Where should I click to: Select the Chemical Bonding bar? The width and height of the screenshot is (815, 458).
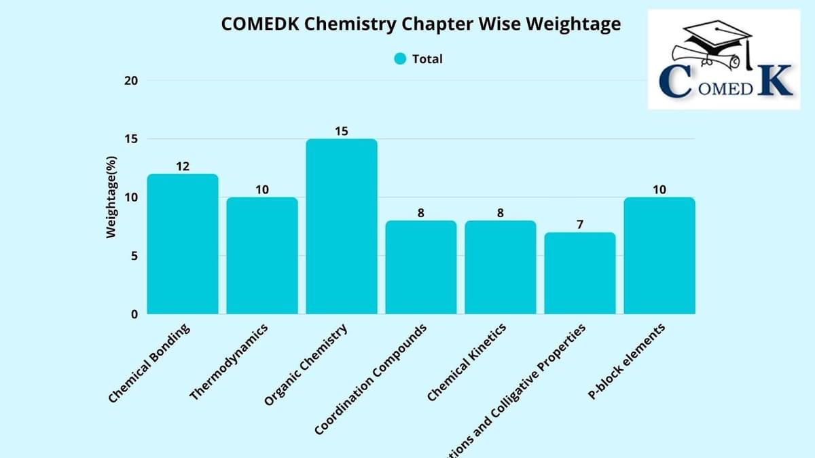click(183, 244)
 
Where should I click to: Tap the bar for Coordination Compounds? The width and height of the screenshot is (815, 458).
click(421, 267)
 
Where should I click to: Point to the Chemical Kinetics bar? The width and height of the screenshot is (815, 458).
click(501, 267)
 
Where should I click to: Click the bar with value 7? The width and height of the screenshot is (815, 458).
click(579, 273)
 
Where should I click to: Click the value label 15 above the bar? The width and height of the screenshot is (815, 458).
click(342, 131)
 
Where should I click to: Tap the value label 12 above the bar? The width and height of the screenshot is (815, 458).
click(183, 166)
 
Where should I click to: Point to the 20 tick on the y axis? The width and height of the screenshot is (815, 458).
click(130, 81)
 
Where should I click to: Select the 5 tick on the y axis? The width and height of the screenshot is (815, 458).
click(134, 256)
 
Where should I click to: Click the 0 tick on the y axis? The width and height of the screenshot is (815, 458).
click(134, 314)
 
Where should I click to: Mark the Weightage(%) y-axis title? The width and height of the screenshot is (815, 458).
click(112, 197)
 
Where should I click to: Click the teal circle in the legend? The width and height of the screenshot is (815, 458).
click(400, 59)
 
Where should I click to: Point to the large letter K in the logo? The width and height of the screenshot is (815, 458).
click(774, 79)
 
